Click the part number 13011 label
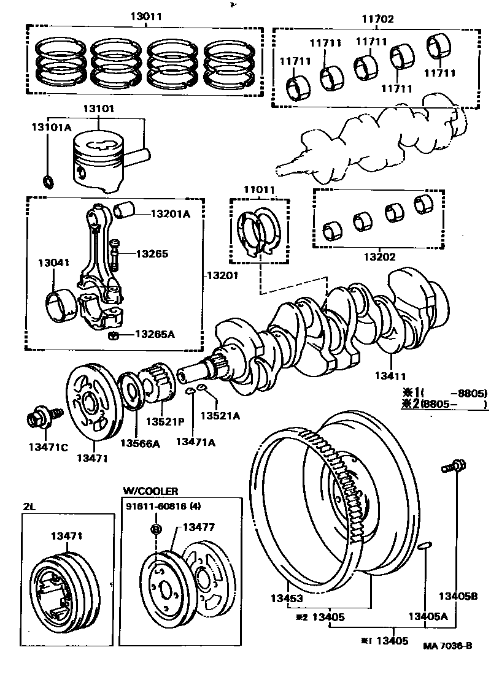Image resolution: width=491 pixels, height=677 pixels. point(145,17)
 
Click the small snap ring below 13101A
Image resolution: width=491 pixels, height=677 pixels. point(47,181)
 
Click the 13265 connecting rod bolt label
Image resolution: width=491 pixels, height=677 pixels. point(152,253)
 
